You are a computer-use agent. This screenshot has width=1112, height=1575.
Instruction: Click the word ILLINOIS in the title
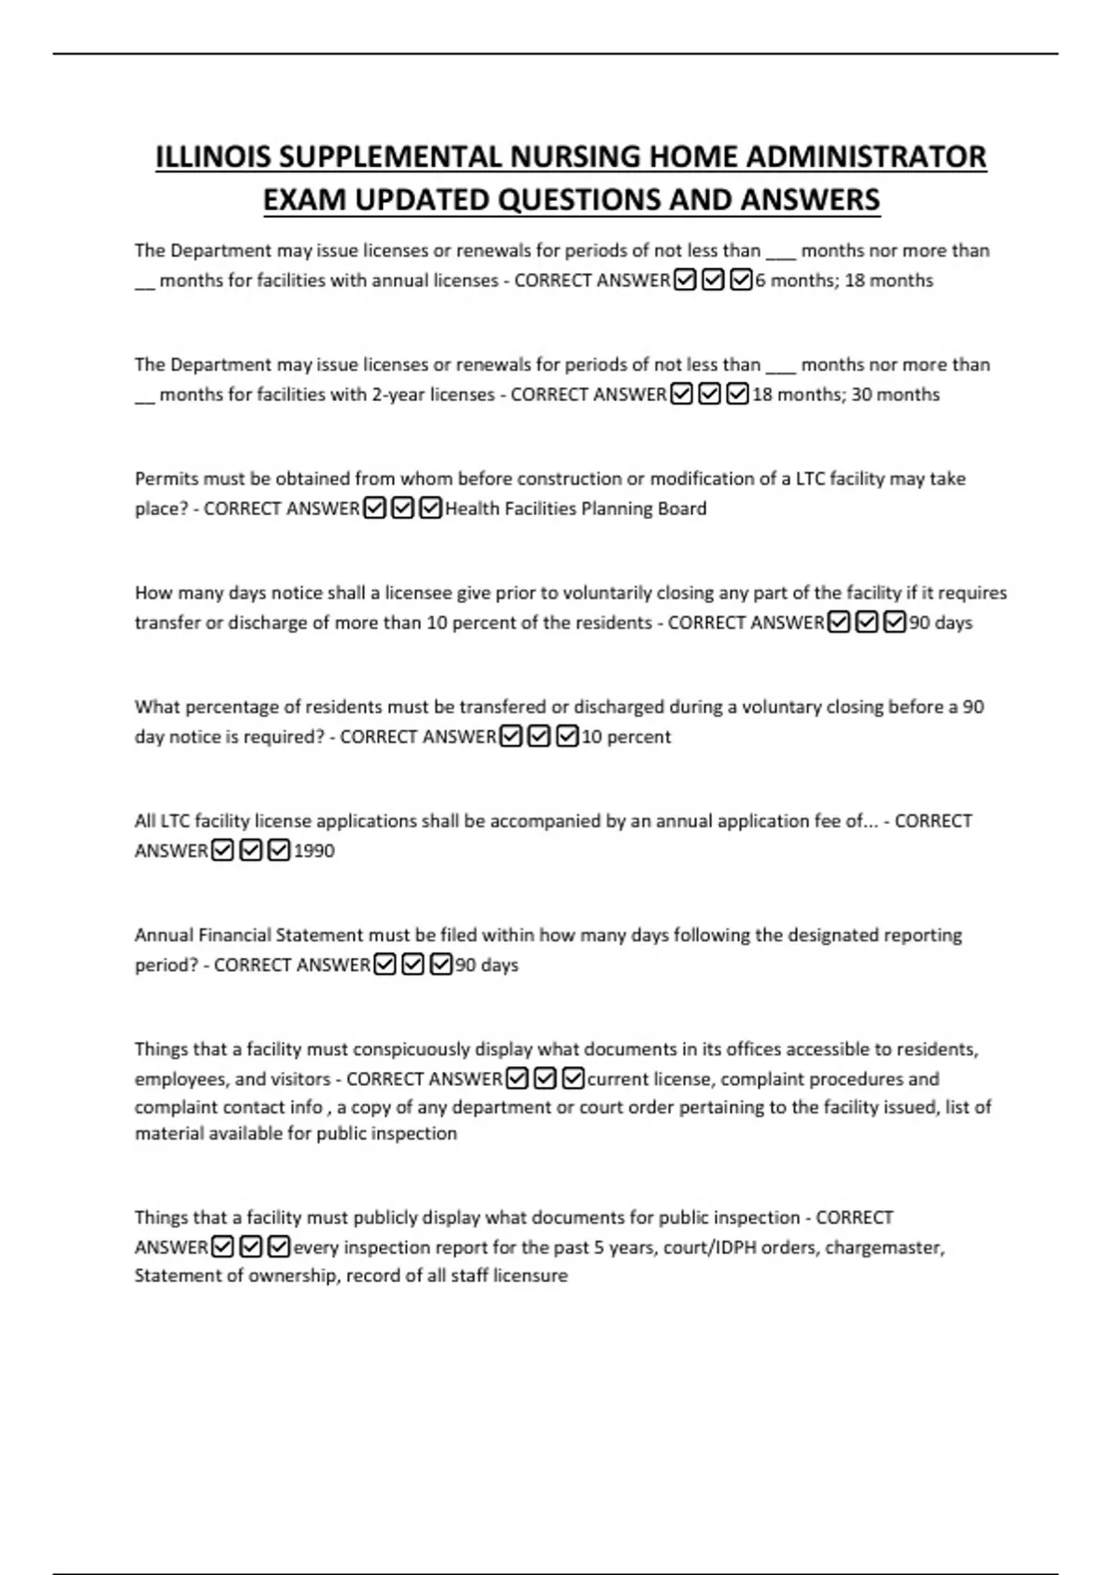(213, 157)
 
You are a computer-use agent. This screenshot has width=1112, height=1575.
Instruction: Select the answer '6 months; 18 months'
(844, 281)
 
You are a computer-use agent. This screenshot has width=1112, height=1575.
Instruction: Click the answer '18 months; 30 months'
(846, 395)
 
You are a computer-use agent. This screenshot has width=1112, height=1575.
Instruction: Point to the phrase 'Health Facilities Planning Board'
(575, 509)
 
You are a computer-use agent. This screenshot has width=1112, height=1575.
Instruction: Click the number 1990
(314, 851)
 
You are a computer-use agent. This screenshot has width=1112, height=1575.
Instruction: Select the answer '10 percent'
(625, 737)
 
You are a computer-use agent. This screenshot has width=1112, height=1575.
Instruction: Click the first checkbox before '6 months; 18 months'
(686, 280)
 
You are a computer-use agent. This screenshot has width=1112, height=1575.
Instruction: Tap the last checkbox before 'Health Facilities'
(431, 509)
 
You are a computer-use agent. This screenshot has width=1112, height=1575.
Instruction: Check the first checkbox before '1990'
(222, 850)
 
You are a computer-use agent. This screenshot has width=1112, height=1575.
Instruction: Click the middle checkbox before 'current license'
(546, 1078)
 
